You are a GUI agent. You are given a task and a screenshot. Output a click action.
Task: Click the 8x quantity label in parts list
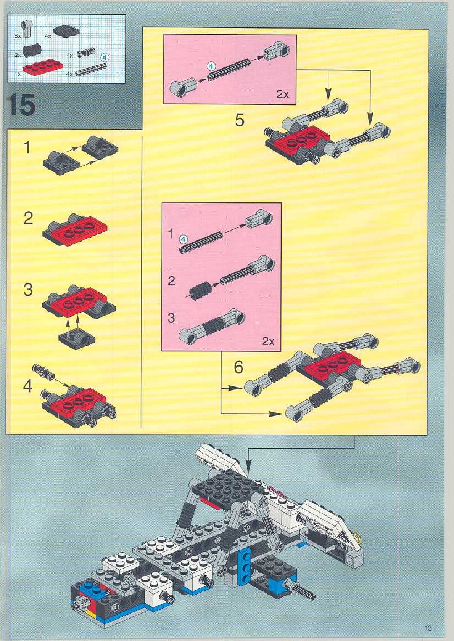(x=18, y=36)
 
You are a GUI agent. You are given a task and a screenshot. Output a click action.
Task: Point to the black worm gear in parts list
(x=31, y=51)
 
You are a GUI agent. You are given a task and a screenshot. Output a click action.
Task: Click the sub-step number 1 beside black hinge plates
(x=27, y=147)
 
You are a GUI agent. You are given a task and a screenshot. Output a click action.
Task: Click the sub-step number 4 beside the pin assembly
(x=28, y=386)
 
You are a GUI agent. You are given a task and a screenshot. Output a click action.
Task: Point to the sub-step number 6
(x=238, y=367)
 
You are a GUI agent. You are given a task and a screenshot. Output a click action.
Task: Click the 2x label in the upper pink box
(x=283, y=95)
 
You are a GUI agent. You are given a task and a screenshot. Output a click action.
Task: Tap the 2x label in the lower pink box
(x=268, y=341)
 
